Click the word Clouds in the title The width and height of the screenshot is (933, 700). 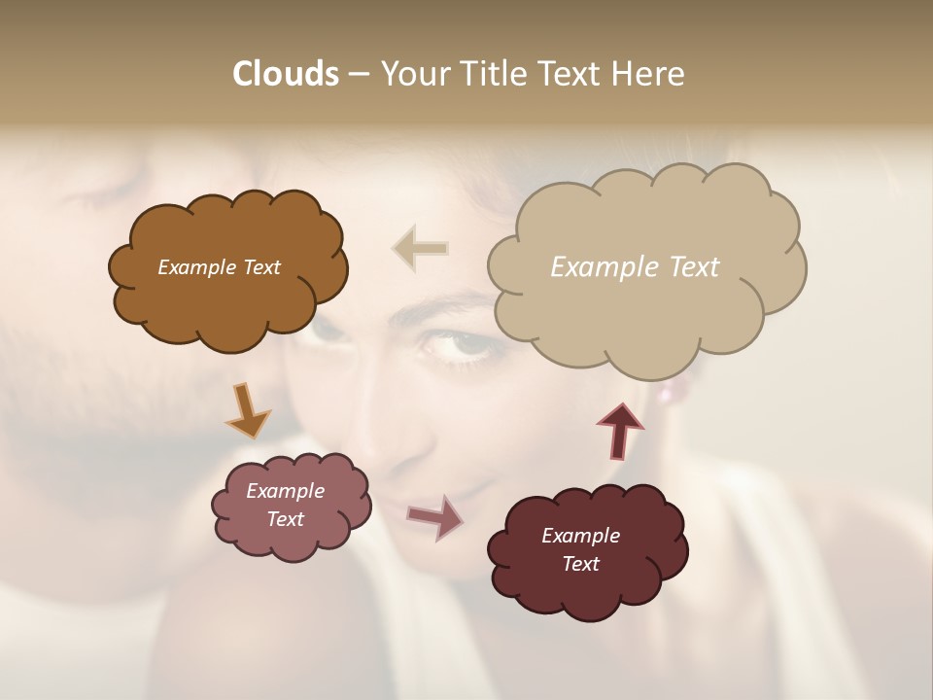[285, 74]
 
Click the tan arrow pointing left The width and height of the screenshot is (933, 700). [420, 249]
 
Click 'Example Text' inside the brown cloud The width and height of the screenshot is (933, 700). [219, 267]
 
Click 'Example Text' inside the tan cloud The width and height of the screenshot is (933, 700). [635, 267]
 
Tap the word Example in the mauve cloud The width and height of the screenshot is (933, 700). [285, 491]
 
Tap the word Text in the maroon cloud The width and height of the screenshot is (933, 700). [580, 564]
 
